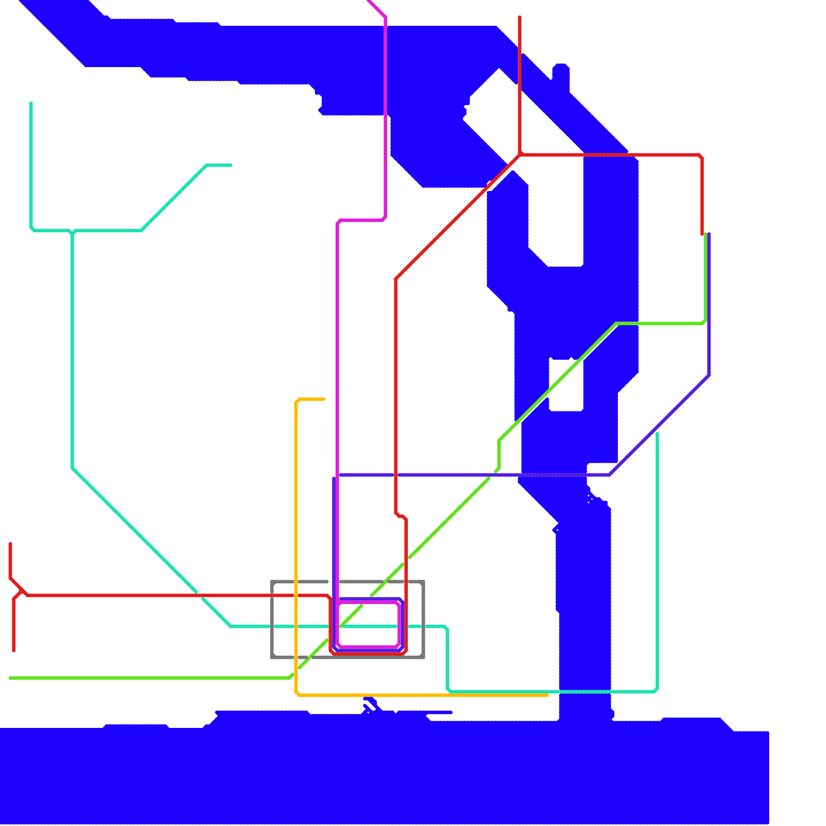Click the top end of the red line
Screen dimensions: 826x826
coord(519,18)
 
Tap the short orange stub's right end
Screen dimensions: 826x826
coord(323,399)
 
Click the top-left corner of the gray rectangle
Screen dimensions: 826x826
coord(272,582)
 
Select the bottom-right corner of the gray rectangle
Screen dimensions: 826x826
coord(423,657)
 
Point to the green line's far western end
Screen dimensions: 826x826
coord(10,678)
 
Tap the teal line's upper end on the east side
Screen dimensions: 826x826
coord(657,434)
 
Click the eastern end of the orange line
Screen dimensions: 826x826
coord(547,695)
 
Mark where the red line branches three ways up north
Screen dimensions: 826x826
coord(520,154)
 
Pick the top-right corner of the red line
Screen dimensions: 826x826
coord(702,155)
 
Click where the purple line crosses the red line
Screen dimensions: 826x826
coord(396,475)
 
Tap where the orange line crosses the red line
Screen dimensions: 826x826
coord(296,595)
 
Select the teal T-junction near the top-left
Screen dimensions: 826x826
coord(72,230)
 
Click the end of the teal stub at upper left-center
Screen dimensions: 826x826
coord(230,165)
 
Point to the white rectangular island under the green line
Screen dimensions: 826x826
coord(566,385)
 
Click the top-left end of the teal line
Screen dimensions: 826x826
coord(31,104)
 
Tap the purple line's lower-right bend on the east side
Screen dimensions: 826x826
coord(709,375)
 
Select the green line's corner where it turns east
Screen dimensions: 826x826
coord(617,324)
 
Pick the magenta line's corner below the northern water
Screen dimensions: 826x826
coord(385,219)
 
